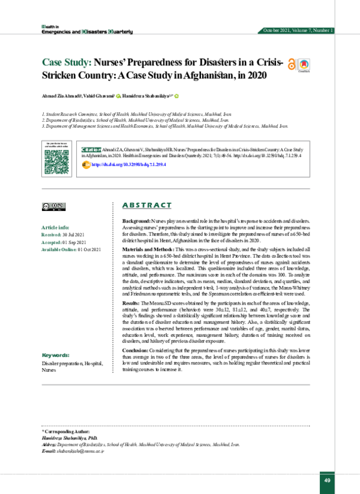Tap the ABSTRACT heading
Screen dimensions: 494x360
[x=146, y=206]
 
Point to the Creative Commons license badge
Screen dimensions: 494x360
[x=53, y=206]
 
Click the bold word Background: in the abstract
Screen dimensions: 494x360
[x=136, y=222]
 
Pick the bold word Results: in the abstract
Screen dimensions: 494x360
[x=132, y=305]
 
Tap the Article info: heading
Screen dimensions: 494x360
[x=55, y=228]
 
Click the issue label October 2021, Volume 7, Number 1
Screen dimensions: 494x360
[x=298, y=30]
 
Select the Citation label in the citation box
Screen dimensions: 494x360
[x=91, y=149]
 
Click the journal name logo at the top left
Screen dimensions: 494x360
[x=79, y=29]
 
